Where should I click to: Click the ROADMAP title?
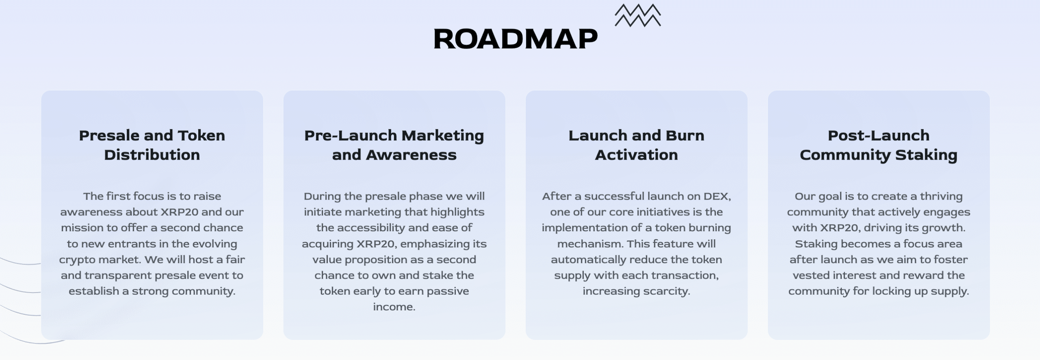click(516, 39)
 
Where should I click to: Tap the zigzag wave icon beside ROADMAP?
click(638, 15)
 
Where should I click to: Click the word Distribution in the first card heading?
click(152, 155)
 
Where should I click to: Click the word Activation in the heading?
click(636, 155)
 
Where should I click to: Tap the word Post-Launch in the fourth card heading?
click(878, 135)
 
